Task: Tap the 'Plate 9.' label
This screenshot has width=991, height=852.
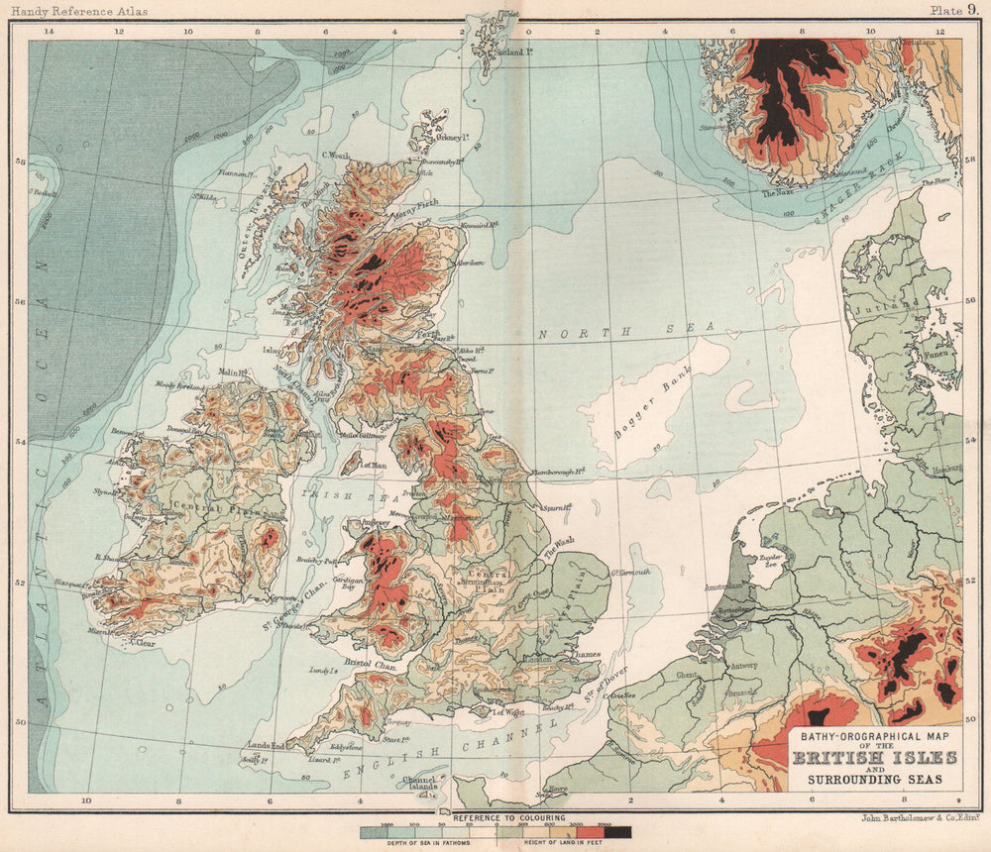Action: click(953, 10)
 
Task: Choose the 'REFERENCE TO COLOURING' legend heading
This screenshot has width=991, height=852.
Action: click(508, 818)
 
